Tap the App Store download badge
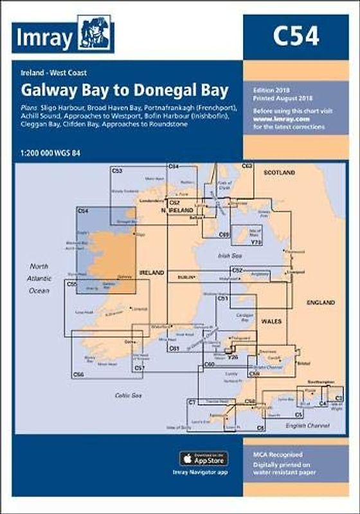coord(203,458)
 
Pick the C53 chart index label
coord(117,172)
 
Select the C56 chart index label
coord(78,374)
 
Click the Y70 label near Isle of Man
coord(257,242)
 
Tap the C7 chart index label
coord(192,402)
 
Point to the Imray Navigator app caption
coord(203,473)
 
